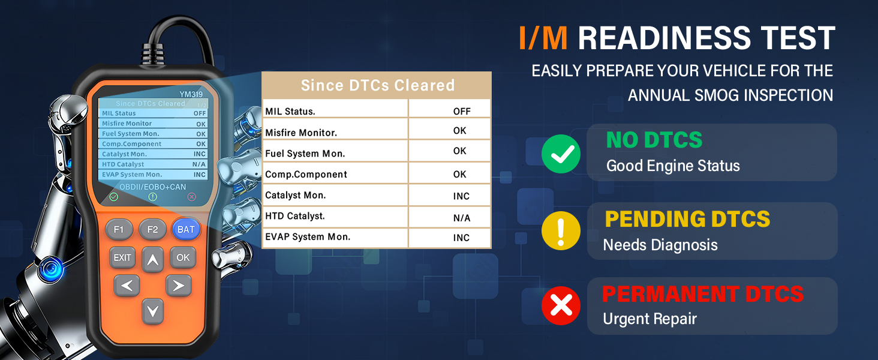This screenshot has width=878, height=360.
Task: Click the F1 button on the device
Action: coord(119,229)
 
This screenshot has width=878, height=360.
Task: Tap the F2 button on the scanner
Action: coord(152,229)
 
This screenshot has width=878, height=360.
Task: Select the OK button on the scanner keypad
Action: coord(183,257)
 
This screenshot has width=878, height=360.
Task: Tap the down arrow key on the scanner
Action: coord(153,311)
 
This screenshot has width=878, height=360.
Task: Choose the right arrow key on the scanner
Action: coord(178,286)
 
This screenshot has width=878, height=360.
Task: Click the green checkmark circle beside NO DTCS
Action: coord(561,154)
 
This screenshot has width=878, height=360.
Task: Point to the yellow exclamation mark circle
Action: coord(561,231)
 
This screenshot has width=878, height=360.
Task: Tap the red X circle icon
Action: coord(561,306)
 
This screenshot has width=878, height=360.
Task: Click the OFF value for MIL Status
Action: coord(462,111)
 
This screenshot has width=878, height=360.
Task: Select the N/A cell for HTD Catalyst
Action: coord(462,218)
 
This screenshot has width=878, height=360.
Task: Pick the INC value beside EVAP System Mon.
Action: coord(461,238)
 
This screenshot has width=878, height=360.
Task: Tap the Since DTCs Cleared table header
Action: coord(377,85)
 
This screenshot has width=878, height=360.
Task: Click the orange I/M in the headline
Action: coord(543,38)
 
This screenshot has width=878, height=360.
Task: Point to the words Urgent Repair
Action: coord(650,319)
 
